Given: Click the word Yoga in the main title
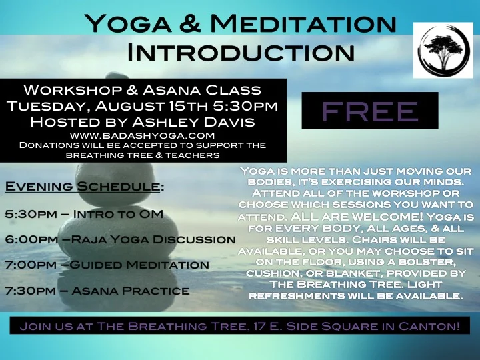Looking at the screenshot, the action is tap(128, 23).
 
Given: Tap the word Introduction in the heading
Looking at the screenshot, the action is tap(241, 52).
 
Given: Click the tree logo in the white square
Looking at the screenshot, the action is tap(443, 50).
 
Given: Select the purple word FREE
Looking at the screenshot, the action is tap(370, 111).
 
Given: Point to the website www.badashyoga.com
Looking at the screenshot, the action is tap(143, 135).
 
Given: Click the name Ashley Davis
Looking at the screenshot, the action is tap(193, 121).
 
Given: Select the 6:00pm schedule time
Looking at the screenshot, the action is tap(31, 239).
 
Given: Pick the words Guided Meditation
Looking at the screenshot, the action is tap(139, 265).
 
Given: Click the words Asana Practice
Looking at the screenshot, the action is tap(131, 291).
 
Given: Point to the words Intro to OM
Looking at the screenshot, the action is tap(118, 214).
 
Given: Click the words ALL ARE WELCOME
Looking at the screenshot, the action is tap(357, 217).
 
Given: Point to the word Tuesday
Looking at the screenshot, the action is tap(49, 106).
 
